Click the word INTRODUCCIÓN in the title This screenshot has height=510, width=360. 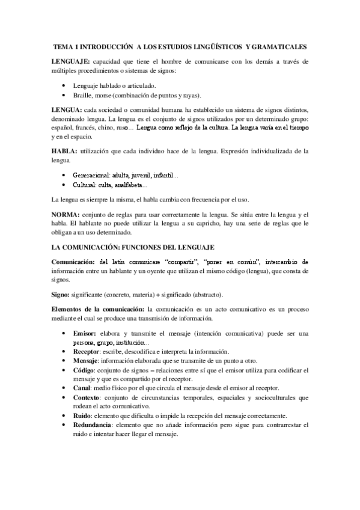click(103, 46)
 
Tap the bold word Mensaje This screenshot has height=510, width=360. click(85, 361)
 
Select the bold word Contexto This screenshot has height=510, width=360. click(86, 398)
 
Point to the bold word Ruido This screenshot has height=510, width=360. click(82, 416)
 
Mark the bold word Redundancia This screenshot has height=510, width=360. click(93, 425)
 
